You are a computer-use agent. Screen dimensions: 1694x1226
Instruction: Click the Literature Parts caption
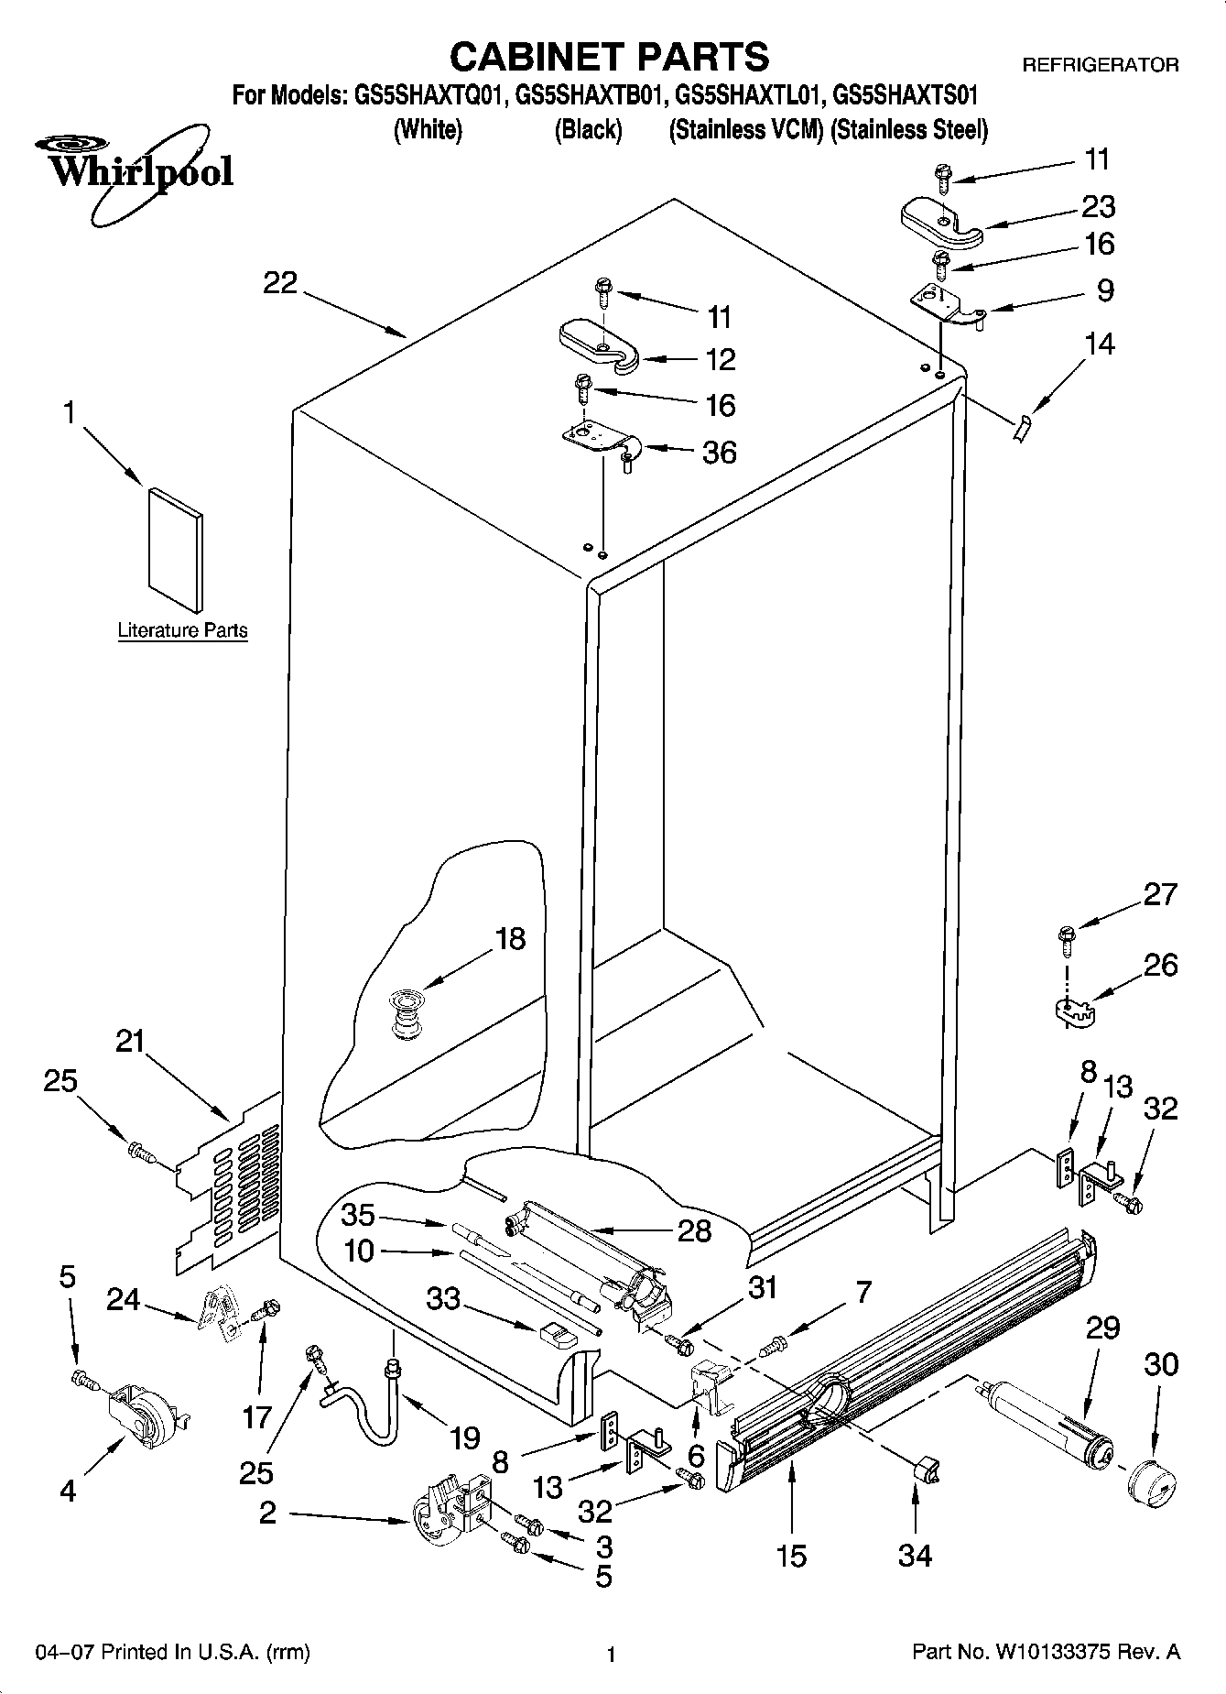(182, 630)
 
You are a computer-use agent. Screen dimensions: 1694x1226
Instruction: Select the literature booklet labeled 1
(176, 548)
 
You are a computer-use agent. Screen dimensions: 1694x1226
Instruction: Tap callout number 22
(280, 284)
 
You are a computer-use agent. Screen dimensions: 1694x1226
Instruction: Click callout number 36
(719, 453)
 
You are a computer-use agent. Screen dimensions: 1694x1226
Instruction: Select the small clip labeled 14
(1022, 426)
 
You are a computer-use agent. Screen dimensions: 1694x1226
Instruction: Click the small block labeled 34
(928, 1470)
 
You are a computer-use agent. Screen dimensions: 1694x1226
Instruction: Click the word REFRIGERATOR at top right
(1100, 65)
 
